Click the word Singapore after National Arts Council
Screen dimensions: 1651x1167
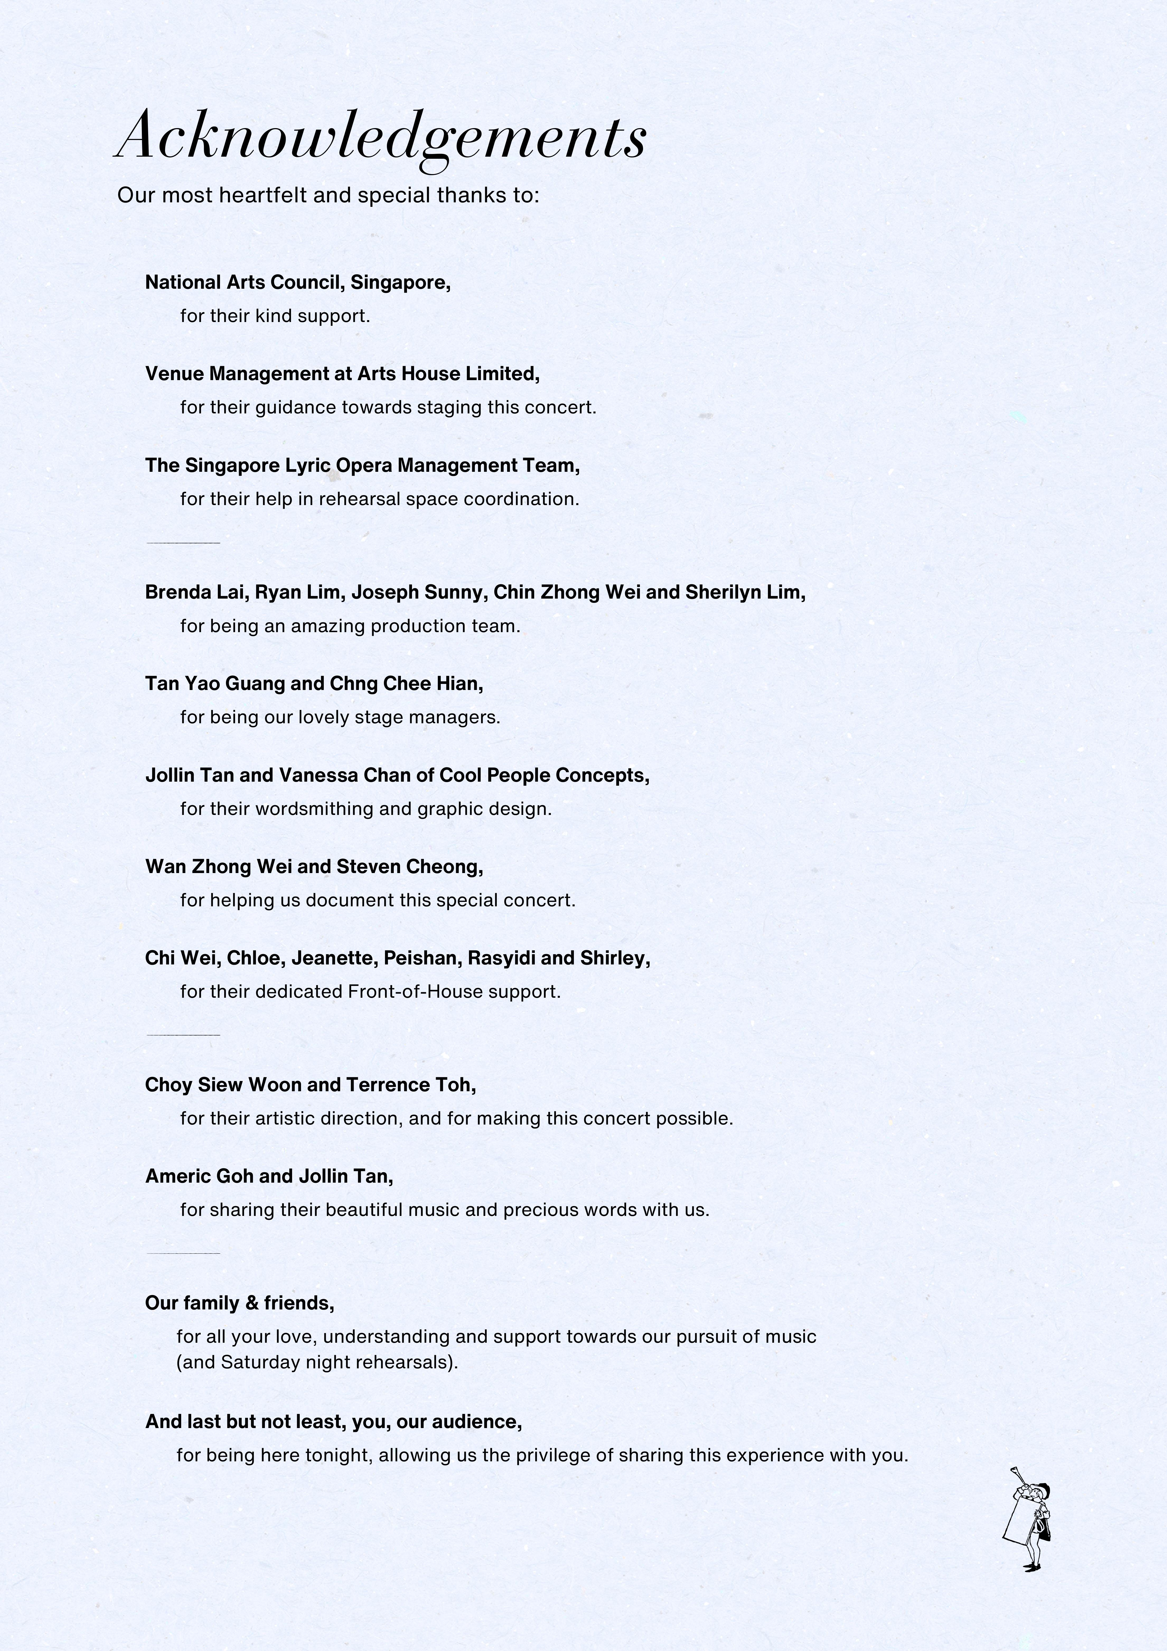coord(399,283)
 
